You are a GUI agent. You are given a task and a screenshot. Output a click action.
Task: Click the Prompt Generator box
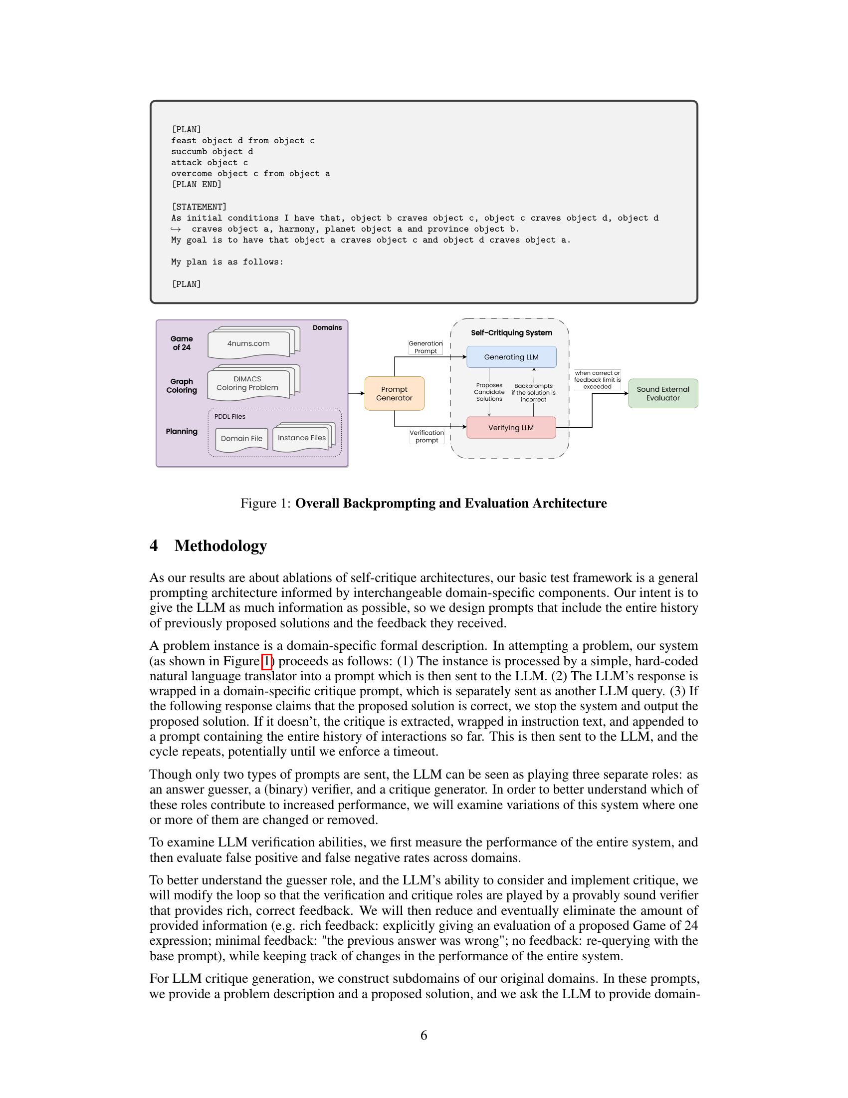click(395, 393)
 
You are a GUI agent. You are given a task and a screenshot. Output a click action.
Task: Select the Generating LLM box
click(511, 357)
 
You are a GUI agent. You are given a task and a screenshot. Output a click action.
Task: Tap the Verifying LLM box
click(511, 428)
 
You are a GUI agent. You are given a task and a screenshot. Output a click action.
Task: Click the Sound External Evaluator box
click(662, 393)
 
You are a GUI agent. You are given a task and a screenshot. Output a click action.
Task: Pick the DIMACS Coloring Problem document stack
click(248, 383)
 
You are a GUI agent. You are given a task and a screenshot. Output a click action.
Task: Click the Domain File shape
click(241, 438)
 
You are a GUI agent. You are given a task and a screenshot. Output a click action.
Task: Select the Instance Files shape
click(302, 437)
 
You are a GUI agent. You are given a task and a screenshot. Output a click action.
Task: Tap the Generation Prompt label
click(425, 347)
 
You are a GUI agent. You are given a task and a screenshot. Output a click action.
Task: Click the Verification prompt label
click(426, 436)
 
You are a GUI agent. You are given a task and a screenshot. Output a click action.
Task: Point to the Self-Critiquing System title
click(511, 333)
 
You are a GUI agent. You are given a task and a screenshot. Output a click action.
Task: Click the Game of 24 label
click(182, 343)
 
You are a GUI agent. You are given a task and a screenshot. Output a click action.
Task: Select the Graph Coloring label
click(182, 386)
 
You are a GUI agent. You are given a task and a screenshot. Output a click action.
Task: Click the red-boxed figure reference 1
click(267, 661)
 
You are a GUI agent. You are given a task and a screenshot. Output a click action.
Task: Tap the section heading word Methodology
click(220, 546)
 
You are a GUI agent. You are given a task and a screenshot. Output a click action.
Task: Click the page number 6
click(424, 1035)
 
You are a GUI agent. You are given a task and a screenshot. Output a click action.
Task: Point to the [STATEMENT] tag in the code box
click(199, 207)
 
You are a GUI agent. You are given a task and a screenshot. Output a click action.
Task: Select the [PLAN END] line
click(196, 185)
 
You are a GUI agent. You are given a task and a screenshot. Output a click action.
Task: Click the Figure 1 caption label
click(265, 503)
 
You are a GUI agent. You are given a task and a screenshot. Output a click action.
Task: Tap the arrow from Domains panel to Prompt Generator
click(356, 393)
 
